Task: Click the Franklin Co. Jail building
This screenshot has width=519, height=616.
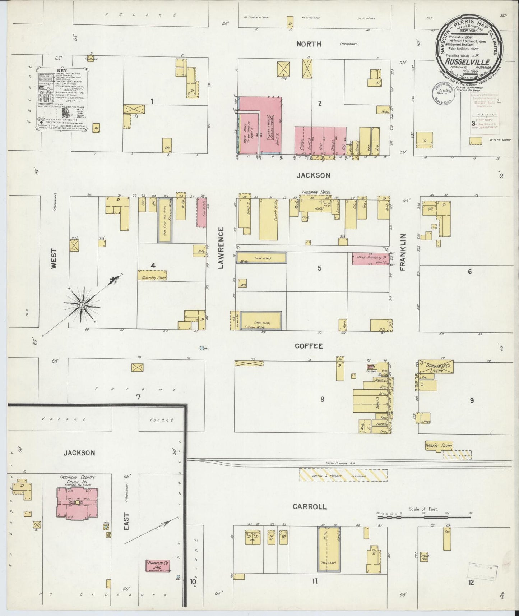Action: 158,566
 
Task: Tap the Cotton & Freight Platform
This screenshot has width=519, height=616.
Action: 343,475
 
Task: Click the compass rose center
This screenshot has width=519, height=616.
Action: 82,305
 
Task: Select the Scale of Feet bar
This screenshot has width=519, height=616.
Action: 424,517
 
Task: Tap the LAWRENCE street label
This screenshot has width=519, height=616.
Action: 221,248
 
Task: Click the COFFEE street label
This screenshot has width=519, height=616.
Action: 309,346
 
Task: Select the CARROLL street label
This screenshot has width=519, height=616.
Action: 310,507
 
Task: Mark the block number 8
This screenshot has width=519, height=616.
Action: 322,399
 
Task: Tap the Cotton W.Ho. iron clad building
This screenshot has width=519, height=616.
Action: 261,320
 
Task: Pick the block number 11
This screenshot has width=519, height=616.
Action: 315,580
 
